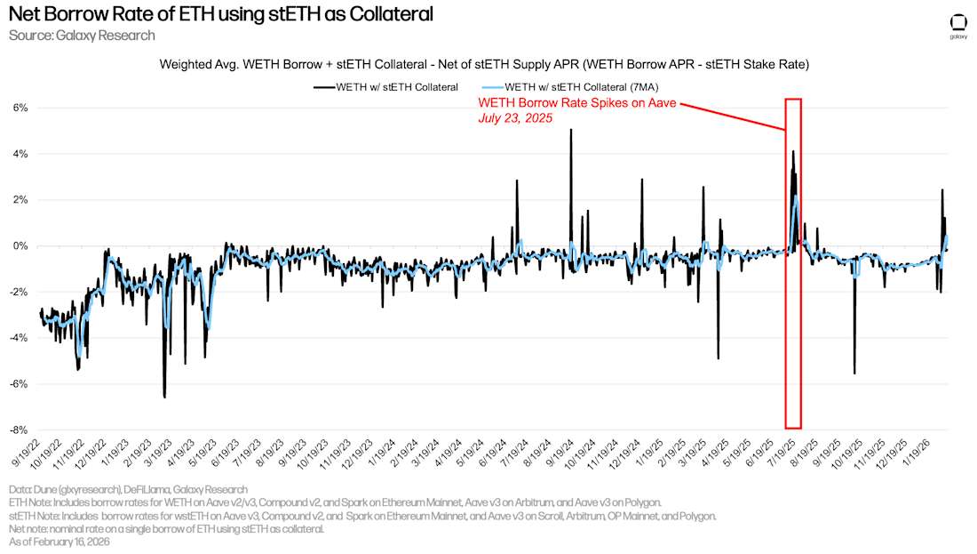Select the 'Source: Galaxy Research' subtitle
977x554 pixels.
82,36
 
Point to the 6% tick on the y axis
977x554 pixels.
20,108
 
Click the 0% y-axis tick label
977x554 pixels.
20,246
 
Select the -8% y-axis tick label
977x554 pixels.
18,430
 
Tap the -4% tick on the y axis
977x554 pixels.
18,338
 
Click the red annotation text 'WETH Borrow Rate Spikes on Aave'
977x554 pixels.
578,104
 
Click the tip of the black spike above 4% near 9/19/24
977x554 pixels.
570,130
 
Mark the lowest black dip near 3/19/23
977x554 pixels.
164,397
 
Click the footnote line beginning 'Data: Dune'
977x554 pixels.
129,489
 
